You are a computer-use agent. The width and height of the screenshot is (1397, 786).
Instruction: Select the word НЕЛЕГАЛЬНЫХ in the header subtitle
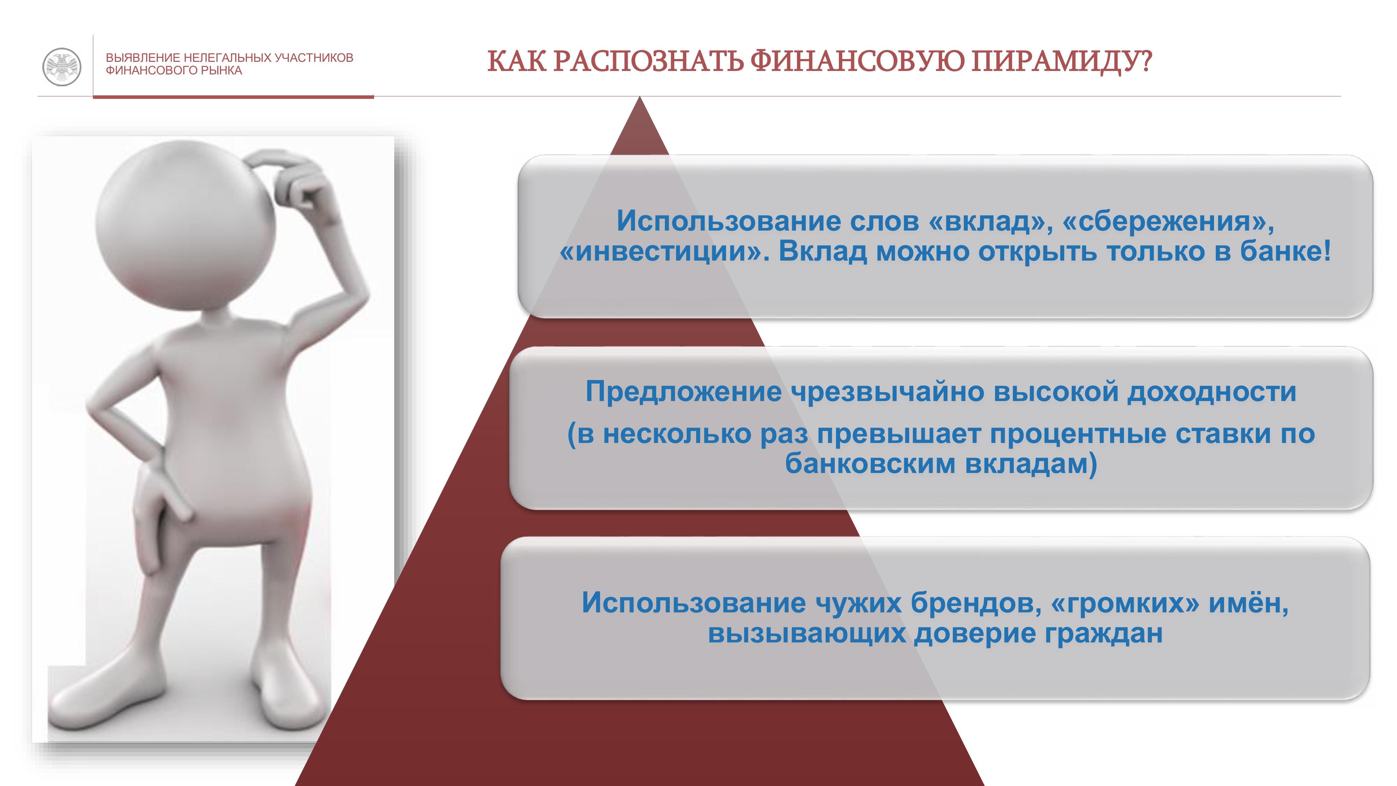point(227,58)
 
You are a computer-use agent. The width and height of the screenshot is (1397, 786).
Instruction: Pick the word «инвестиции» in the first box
point(664,252)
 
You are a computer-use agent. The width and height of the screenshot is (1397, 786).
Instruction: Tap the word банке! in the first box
point(1285,251)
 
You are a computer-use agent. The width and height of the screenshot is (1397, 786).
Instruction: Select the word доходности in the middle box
point(1212,392)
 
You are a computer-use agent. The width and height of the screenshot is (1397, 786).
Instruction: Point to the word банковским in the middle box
point(870,464)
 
